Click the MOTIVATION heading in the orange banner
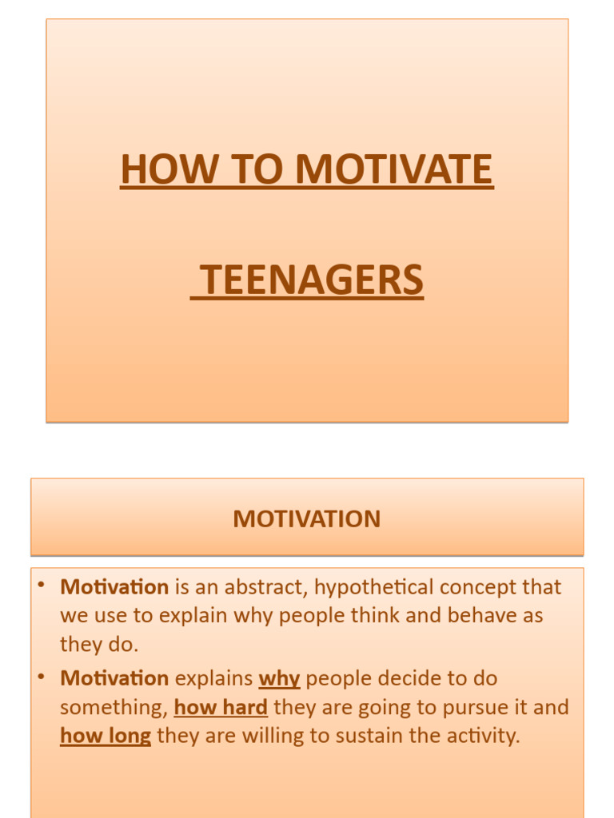coord(307,519)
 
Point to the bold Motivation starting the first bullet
coord(114,587)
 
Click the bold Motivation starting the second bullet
coord(114,679)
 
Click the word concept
coord(472,588)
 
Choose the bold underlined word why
coord(279,680)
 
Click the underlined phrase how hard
coord(221,708)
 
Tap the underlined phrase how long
coord(106,736)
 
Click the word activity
coord(486,736)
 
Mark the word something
coord(114,709)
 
